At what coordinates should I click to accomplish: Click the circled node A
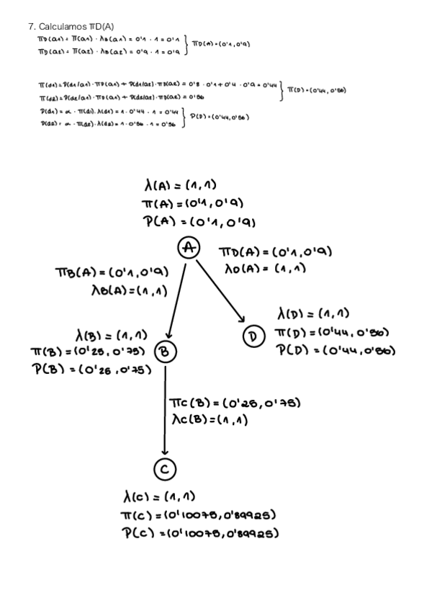point(188,248)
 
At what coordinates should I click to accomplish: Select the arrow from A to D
point(219,290)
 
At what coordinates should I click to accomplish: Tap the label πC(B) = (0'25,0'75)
point(234,401)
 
